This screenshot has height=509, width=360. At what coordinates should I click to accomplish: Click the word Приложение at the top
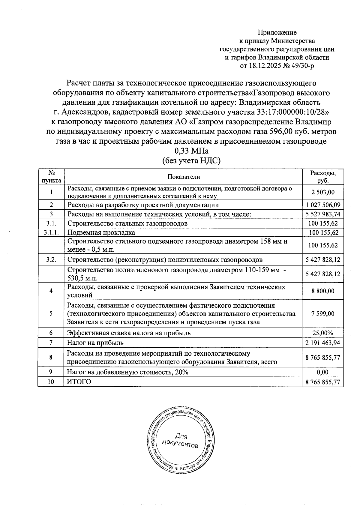(277, 32)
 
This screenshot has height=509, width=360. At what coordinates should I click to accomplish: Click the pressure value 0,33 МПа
(191, 151)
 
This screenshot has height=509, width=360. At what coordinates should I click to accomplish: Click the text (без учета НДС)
(191, 161)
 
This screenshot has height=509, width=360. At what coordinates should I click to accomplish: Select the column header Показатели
(184, 177)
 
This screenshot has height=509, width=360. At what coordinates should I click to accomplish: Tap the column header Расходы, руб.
(323, 177)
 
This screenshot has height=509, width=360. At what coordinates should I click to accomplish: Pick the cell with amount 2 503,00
(323, 192)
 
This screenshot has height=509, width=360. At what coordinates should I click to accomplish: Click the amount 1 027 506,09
(323, 205)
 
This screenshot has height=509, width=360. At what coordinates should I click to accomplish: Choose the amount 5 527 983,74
(323, 214)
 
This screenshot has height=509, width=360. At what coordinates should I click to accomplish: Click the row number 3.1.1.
(51, 232)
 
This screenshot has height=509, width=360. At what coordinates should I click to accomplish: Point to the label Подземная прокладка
(101, 232)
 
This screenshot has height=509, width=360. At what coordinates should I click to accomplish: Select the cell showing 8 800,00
(323, 291)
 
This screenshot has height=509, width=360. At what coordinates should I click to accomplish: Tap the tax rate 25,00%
(323, 333)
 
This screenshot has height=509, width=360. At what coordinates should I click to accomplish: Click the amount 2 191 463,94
(323, 343)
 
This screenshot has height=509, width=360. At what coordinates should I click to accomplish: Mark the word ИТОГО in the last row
(79, 382)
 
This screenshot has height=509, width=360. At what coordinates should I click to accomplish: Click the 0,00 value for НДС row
(323, 372)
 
